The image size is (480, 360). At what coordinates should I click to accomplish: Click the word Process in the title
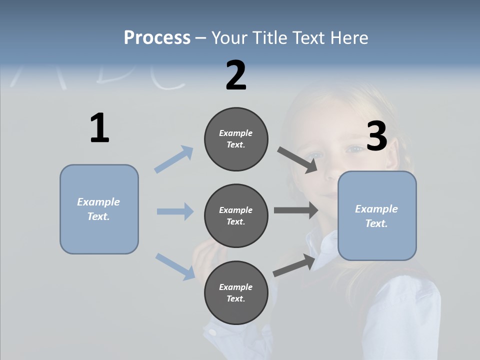pos(157,37)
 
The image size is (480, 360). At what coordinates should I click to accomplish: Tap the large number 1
pos(99,128)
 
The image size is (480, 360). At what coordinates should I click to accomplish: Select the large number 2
pos(236,75)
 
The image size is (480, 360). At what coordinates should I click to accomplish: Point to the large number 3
pos(376,136)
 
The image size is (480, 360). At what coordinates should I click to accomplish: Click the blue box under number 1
pos(99,209)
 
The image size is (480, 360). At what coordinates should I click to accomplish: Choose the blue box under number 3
pos(377,216)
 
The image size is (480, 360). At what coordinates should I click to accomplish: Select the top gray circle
pos(236,139)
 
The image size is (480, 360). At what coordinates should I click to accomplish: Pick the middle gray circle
pos(236,216)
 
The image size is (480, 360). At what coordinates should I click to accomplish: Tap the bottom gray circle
pos(236,293)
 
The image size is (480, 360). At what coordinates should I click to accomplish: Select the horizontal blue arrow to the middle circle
pos(175,211)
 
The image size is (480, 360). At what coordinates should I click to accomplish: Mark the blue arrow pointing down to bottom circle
pos(175,266)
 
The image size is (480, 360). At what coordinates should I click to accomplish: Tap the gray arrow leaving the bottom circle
pos(294,265)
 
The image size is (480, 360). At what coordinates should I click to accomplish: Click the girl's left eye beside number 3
pos(355,148)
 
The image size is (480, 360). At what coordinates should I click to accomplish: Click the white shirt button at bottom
pos(212,332)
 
